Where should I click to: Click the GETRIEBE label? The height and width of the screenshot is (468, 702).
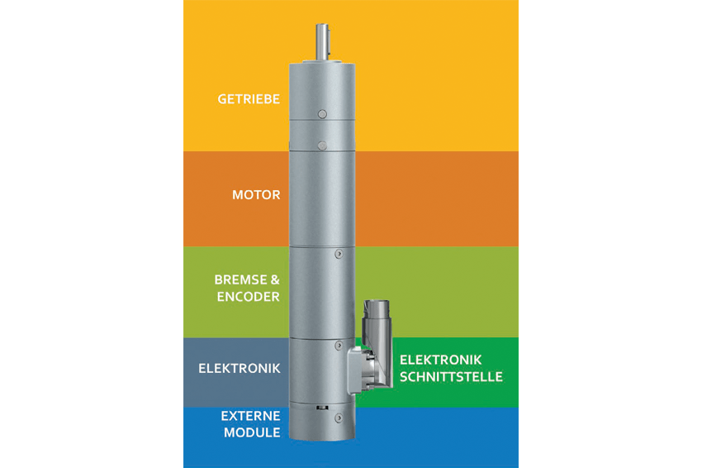(x=249, y=98)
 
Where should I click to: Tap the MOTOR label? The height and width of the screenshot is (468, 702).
(x=256, y=194)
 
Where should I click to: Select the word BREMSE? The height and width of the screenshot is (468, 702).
(x=241, y=279)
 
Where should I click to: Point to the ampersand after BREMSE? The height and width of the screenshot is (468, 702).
(x=275, y=279)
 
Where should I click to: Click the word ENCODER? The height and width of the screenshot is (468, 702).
(x=248, y=296)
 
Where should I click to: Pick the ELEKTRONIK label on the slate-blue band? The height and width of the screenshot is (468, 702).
(x=240, y=368)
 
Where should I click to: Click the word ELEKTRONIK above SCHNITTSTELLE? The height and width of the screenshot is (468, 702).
(x=440, y=360)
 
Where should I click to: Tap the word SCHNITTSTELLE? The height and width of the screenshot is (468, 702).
(x=451, y=376)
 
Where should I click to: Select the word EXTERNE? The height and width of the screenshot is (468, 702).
(x=251, y=416)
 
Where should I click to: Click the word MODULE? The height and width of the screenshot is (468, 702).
(x=252, y=432)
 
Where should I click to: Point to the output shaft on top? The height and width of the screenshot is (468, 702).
(x=322, y=41)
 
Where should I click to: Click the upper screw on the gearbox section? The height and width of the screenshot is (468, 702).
(x=322, y=114)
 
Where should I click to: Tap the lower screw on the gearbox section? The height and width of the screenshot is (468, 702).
(x=322, y=146)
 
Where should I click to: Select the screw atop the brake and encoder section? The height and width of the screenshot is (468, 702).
(x=339, y=254)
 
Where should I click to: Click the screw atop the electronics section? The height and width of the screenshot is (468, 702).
(x=339, y=346)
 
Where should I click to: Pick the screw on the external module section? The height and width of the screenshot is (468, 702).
(x=339, y=418)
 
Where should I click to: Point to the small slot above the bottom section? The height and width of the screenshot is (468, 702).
(x=322, y=408)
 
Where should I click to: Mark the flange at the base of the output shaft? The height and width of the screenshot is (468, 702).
(x=322, y=61)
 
